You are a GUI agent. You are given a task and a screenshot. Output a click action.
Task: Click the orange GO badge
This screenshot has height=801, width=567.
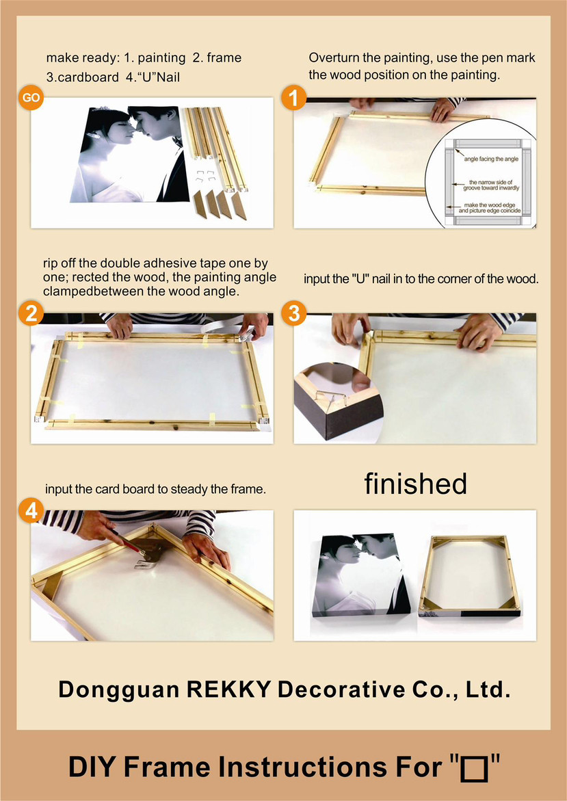pos(31,98)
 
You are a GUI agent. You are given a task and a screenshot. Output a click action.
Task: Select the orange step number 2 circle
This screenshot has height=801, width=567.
pos(31,313)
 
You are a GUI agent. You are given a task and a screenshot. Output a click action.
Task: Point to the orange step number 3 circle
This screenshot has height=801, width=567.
pos(293,313)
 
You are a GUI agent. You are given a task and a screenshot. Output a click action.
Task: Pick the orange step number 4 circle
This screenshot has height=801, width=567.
pos(31,510)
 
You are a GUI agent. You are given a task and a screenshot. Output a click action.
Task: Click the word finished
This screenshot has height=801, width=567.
pos(415,483)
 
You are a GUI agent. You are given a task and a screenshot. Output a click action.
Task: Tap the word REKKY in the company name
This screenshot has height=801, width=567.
pos(228,689)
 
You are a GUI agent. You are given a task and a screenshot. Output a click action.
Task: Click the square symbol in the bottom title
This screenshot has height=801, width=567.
pos(474,769)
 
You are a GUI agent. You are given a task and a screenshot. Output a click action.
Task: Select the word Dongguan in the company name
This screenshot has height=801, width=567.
pos(118,690)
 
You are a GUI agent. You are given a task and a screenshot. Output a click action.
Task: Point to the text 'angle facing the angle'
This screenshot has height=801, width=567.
pos(491,159)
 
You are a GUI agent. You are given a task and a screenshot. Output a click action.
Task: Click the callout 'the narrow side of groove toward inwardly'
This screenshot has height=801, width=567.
pos(491,185)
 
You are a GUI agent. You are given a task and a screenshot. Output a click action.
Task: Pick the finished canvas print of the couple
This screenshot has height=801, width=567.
pos(360,574)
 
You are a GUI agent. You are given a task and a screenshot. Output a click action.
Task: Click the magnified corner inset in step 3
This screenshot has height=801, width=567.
pos(338,402)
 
